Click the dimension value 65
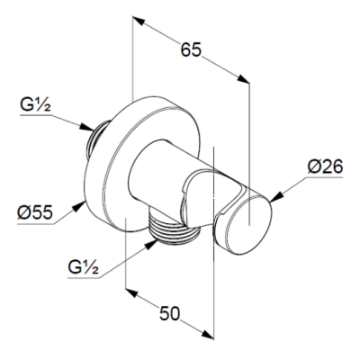[x=191, y=49]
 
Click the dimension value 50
[x=169, y=313]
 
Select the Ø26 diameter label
[x=325, y=166]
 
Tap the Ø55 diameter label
[x=35, y=212]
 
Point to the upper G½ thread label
[x=35, y=105]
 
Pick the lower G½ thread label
[x=83, y=267]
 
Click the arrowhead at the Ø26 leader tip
[x=276, y=197]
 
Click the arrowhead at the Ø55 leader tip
[x=79, y=206]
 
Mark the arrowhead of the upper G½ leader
[x=87, y=127]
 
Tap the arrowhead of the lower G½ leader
[x=151, y=244]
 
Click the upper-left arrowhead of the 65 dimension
[x=139, y=21]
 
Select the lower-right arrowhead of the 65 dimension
[x=243, y=79]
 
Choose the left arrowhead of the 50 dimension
[x=132, y=292]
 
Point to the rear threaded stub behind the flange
[x=95, y=140]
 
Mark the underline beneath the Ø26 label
[x=324, y=177]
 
